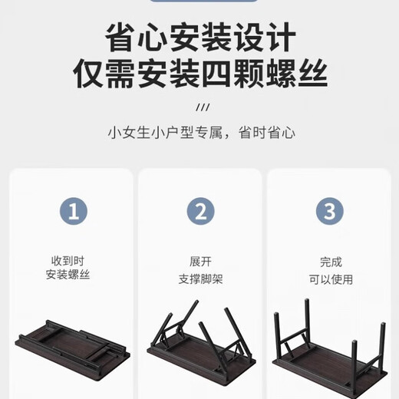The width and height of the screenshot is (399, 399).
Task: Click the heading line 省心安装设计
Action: coord(199,37)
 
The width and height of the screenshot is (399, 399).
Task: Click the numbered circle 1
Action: coord(74,211)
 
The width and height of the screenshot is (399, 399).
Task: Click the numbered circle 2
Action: coord(201,211)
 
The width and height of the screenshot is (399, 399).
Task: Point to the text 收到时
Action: coord(74,261)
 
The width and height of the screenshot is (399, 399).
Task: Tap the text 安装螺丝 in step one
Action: coord(74,275)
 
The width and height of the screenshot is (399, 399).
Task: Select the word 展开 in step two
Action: coord(201,261)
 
